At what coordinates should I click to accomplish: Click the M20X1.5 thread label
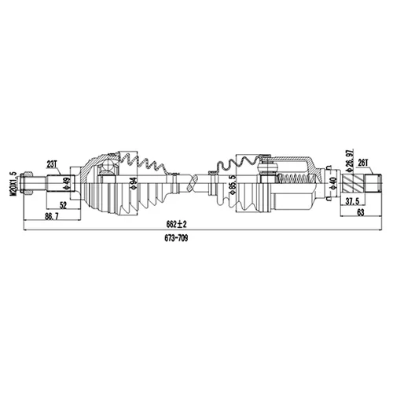pos(13,184)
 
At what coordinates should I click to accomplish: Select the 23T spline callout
pos(52,164)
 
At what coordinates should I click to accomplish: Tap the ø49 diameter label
pos(67,183)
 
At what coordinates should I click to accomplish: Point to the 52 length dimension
pos(64,205)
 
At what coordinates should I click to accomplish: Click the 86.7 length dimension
pos(52,216)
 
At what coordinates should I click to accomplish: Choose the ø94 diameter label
pos(134,183)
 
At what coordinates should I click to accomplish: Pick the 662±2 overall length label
pos(176,224)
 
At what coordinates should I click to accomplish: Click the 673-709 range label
pos(176,238)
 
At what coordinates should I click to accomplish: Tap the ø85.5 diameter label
pos(233,185)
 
